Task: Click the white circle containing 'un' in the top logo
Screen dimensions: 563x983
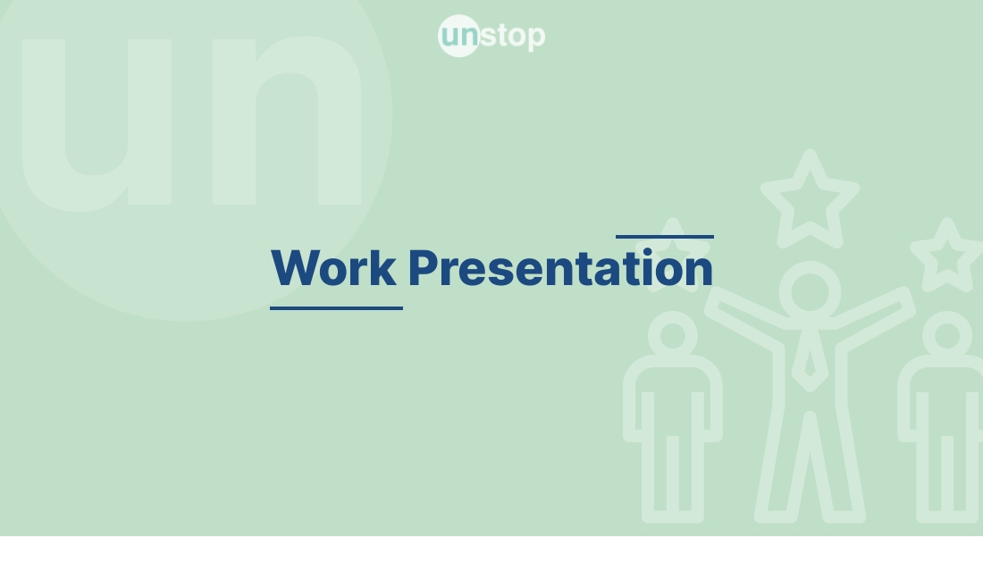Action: (x=459, y=36)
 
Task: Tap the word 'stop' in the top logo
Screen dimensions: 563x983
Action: (x=513, y=37)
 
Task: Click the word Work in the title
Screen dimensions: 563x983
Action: (x=334, y=267)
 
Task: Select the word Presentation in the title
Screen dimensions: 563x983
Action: (x=560, y=267)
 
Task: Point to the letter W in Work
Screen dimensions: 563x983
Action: (x=294, y=267)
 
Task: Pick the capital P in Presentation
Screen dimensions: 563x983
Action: (x=423, y=267)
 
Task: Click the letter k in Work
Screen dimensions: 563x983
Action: (x=385, y=267)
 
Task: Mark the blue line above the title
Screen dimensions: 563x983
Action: (x=665, y=237)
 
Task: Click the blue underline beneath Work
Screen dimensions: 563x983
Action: (x=336, y=307)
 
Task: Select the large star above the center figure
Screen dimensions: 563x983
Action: (x=810, y=197)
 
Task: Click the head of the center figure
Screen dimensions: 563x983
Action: (x=809, y=291)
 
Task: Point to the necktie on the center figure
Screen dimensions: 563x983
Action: (x=809, y=362)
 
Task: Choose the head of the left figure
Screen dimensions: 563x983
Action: (x=672, y=336)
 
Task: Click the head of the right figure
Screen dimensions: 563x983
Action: (x=946, y=336)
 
